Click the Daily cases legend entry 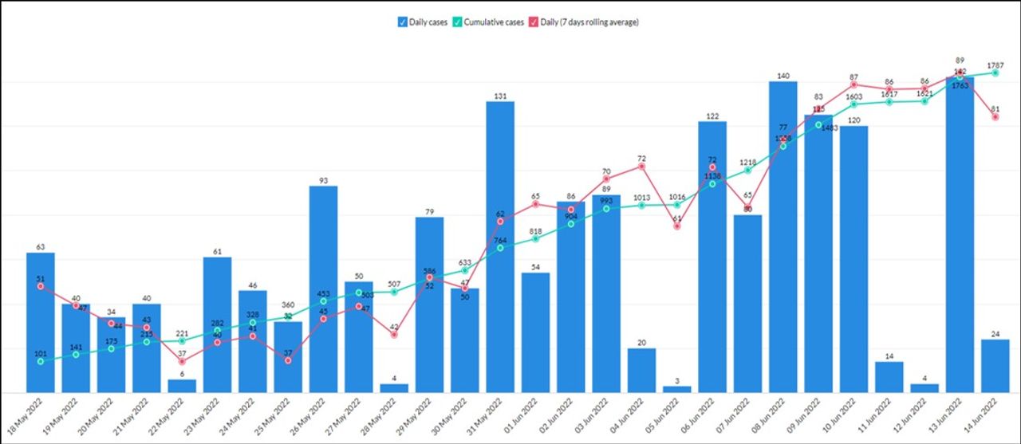tap(423, 22)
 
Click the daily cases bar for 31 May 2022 tap(500, 247)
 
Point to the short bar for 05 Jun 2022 tap(677, 389)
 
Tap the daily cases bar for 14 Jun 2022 tap(995, 366)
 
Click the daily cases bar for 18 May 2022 tap(41, 322)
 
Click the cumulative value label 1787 tap(995, 65)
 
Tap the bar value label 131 tap(500, 96)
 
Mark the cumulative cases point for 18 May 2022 tap(41, 361)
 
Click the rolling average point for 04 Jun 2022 tap(641, 166)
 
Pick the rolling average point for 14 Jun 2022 tap(995, 117)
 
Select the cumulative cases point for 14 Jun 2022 tap(995, 73)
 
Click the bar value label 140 tap(783, 77)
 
